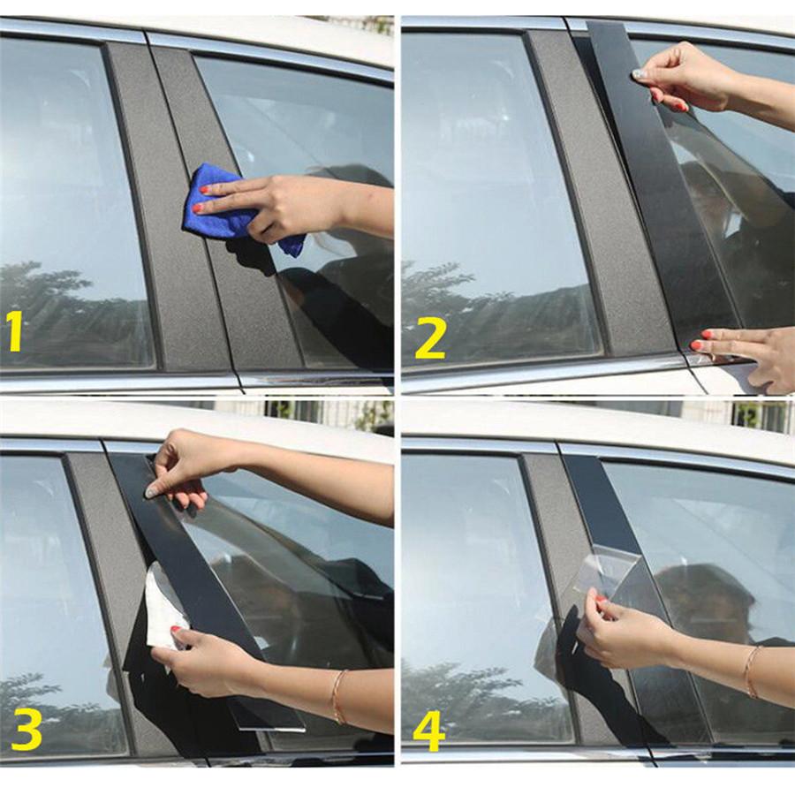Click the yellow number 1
coord(14,331)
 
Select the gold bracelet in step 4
coord(752,670)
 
